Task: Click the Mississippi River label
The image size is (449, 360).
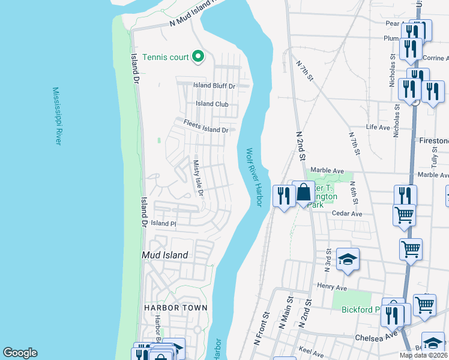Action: click(x=57, y=116)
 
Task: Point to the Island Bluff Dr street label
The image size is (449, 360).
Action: click(x=214, y=86)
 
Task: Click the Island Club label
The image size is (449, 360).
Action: click(x=212, y=104)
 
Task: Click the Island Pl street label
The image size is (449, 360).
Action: click(x=163, y=223)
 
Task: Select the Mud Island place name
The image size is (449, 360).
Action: click(x=164, y=255)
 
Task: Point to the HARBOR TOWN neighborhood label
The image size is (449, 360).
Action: click(x=175, y=308)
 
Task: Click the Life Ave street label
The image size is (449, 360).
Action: click(x=378, y=127)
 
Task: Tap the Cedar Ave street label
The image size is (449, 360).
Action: click(x=348, y=214)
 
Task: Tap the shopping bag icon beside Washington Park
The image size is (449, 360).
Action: click(x=304, y=193)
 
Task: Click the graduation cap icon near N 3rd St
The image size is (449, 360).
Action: click(x=348, y=259)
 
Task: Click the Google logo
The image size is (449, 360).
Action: click(x=20, y=353)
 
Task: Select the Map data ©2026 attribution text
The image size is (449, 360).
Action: click(x=424, y=355)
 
